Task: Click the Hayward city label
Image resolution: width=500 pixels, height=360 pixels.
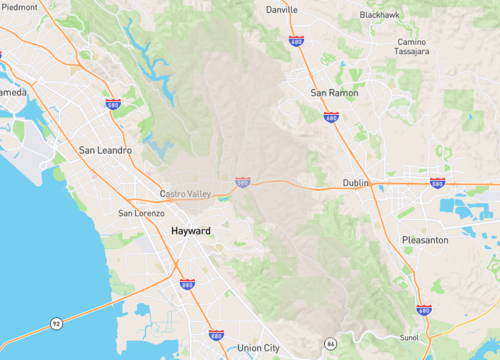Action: [x=191, y=231]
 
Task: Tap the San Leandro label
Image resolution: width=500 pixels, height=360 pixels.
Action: [x=105, y=151]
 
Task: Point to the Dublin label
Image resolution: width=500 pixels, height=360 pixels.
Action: [x=355, y=183]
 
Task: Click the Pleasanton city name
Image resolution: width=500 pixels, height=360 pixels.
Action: [x=427, y=241]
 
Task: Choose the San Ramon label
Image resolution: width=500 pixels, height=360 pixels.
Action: [x=333, y=93]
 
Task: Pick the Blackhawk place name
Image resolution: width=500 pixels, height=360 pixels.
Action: [x=380, y=15]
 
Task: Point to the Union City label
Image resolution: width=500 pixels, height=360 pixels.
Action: [x=260, y=348]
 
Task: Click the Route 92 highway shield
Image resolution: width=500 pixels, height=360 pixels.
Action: [x=58, y=323]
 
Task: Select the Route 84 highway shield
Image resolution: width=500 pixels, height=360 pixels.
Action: [x=331, y=343]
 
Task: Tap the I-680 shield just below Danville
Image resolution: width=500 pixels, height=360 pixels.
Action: [x=296, y=41]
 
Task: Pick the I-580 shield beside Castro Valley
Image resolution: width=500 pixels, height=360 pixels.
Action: [x=243, y=182]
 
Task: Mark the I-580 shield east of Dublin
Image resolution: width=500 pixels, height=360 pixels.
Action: [x=437, y=182]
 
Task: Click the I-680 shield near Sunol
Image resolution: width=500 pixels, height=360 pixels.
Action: [x=424, y=312]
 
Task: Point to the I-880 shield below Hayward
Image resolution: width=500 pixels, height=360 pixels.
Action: [x=187, y=284]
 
